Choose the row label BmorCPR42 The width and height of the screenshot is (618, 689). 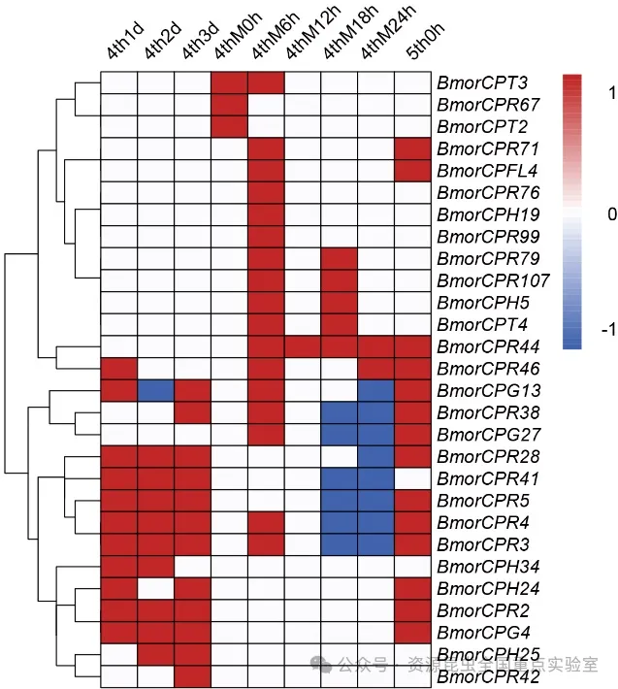[x=485, y=676]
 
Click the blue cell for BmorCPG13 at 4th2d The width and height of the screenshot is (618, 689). [x=155, y=390]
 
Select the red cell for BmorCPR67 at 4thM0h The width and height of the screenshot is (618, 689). [x=229, y=105]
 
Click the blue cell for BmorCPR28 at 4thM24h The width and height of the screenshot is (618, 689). [x=376, y=456]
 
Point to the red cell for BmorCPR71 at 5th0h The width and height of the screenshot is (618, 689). [x=413, y=148]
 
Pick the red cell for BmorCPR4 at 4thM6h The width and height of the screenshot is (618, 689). [x=266, y=522]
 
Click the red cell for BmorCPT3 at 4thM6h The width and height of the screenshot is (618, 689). [x=266, y=82]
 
